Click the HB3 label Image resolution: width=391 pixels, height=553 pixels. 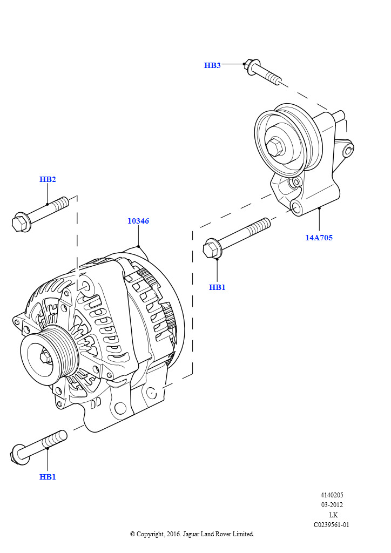click(x=212, y=65)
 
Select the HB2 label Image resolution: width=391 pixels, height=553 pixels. click(x=48, y=179)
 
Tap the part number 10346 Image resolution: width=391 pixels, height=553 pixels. click(x=138, y=221)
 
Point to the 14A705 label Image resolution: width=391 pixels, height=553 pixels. click(x=319, y=237)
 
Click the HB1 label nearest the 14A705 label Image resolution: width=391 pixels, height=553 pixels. click(x=217, y=287)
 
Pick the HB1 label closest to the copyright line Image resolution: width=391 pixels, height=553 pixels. click(x=48, y=477)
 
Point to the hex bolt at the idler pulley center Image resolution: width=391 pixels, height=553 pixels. click(x=275, y=146)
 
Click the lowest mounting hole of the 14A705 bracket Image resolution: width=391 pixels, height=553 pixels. click(x=296, y=207)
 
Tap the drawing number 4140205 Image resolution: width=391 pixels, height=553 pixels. click(x=332, y=495)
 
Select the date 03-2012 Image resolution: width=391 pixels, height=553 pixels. click(x=332, y=505)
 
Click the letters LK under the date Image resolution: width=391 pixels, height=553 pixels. click(x=333, y=515)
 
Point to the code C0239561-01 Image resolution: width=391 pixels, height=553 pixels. click(x=332, y=525)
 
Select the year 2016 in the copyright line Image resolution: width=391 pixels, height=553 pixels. click(x=172, y=534)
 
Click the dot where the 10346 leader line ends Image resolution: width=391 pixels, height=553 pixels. click(x=139, y=246)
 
